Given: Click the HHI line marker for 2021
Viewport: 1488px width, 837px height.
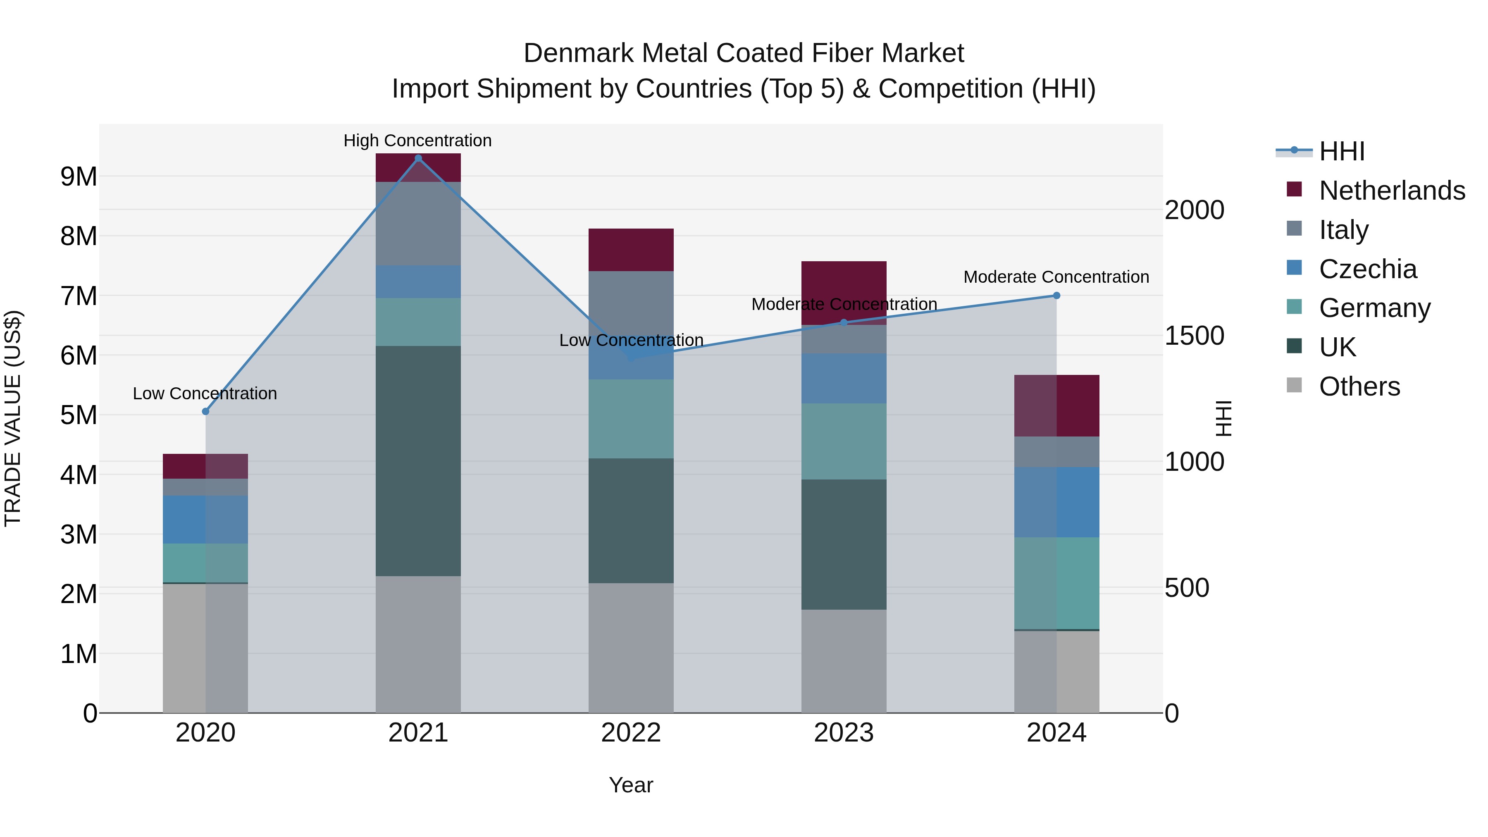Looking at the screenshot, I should click(x=418, y=158).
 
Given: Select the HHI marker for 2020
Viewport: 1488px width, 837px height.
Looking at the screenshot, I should click(x=206, y=411).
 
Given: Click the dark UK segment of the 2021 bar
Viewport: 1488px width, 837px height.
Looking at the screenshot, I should click(x=418, y=461).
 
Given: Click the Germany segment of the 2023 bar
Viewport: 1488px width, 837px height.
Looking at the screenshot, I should click(x=844, y=441).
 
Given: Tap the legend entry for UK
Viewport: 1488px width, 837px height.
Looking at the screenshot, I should click(x=1337, y=347).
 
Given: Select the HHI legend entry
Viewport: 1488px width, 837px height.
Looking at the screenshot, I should click(x=1341, y=151).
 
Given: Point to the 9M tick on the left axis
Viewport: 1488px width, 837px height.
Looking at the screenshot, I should click(x=79, y=177).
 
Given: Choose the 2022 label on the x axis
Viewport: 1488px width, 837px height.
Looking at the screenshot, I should click(x=631, y=733).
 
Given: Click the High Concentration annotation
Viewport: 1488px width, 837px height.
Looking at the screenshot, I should click(x=417, y=141).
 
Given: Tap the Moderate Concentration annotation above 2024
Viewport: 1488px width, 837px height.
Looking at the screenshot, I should click(x=1056, y=277).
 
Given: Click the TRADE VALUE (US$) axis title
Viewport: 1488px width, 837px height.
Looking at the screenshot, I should click(x=13, y=418).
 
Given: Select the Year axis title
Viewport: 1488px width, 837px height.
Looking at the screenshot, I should click(x=631, y=785).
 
